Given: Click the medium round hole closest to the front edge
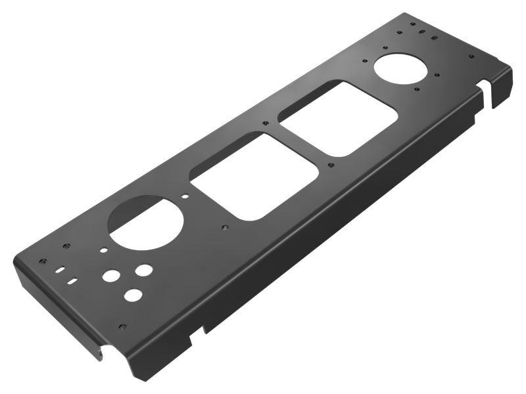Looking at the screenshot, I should [133, 295].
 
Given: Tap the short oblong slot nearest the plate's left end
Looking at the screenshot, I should [60, 269].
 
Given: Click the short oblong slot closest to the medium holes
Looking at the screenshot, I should [74, 281].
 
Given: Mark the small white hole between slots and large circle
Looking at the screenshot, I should [103, 250].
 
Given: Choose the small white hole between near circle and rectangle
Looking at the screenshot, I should [186, 196].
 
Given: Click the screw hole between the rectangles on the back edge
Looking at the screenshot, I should [265, 123].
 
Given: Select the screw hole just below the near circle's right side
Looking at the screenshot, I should [225, 227].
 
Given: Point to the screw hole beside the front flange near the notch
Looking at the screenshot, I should [122, 326].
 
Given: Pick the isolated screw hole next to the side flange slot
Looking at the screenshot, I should [471, 56].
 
